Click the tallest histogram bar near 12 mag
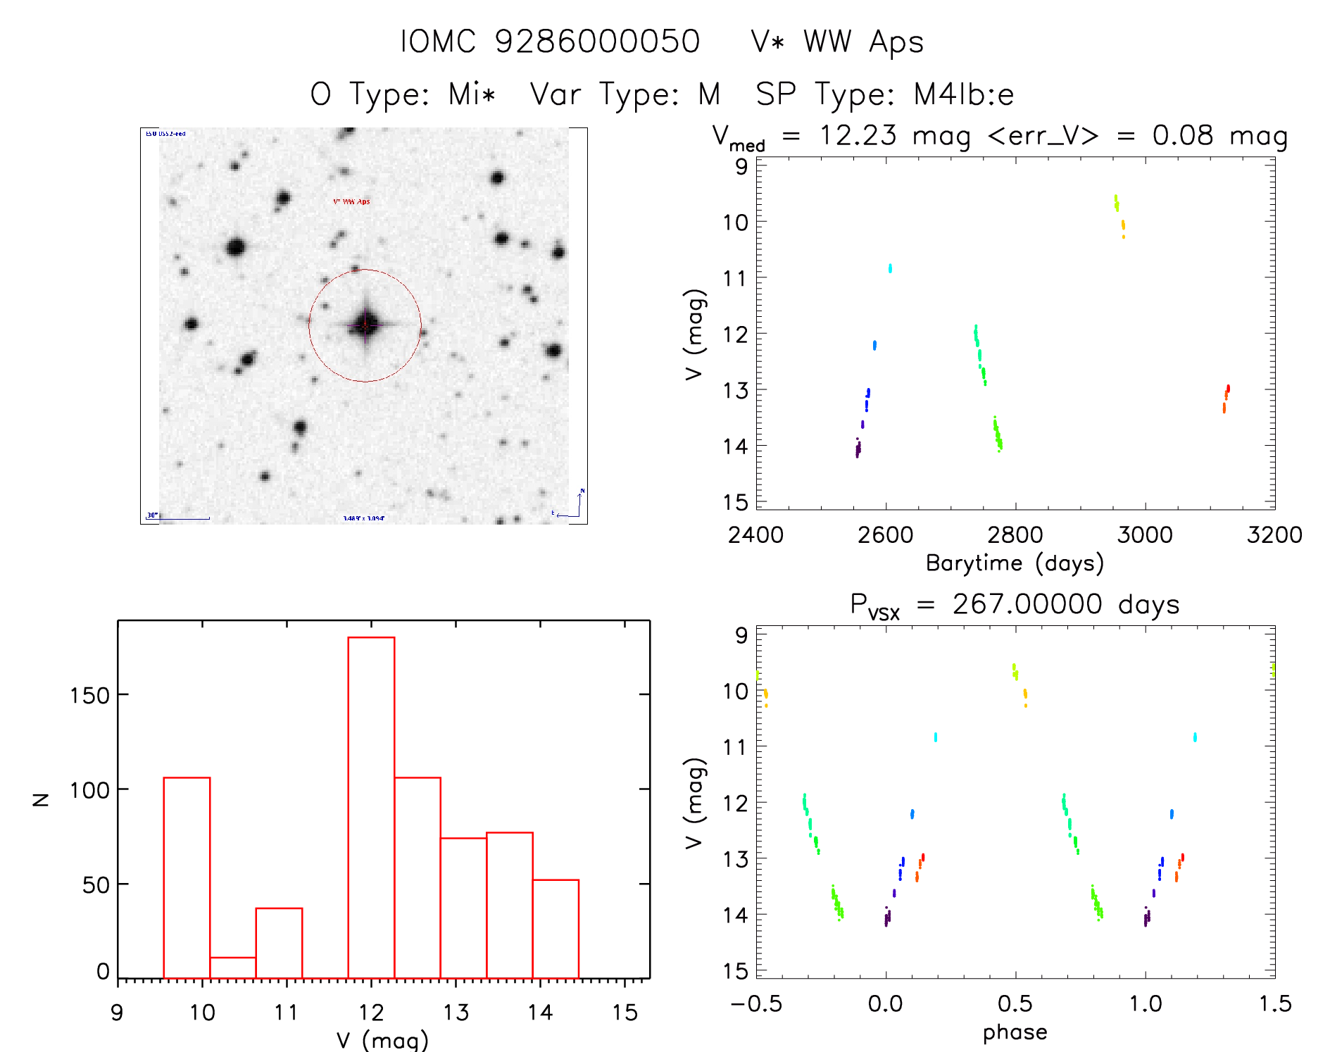point(371,807)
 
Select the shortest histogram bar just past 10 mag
point(232,968)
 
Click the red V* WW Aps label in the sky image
point(351,202)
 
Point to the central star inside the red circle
point(365,325)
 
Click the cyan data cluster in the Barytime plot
point(890,268)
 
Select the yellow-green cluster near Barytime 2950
point(1116,203)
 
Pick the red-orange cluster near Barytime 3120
point(1226,399)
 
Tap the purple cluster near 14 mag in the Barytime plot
point(858,449)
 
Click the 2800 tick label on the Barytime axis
point(1015,535)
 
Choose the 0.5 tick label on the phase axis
point(1015,1004)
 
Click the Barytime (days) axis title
point(1015,563)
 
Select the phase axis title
point(1015,1032)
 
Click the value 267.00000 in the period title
point(1027,605)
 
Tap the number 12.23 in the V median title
point(858,135)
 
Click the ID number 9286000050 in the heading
point(597,42)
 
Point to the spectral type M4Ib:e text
point(964,94)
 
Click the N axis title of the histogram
point(41,799)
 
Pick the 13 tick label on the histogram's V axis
point(456,1013)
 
